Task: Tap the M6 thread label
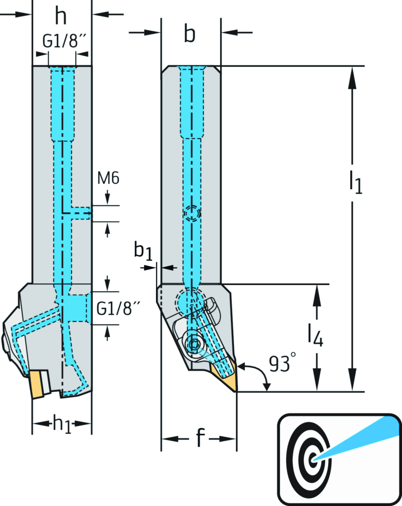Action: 108,178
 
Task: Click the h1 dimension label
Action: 62,424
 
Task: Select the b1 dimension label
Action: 143,250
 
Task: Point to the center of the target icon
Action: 313,459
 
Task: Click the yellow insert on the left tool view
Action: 37,384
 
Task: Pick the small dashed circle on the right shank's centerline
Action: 192,213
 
